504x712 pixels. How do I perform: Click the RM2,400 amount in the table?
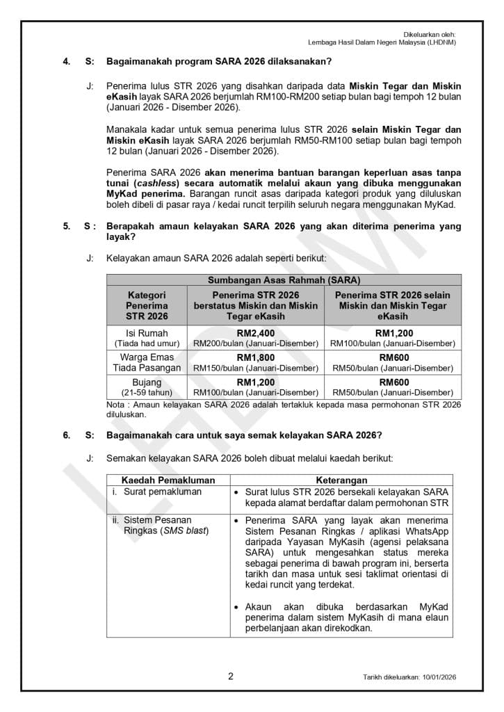256,333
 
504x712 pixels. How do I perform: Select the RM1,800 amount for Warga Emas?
256,357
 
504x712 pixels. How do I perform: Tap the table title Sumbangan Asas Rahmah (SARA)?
284,280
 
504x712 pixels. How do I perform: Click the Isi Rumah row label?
147,333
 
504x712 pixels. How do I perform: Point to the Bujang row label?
147,382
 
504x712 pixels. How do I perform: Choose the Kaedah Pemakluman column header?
168,480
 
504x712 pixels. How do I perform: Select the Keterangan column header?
342,480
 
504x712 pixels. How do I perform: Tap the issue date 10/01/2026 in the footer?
439,677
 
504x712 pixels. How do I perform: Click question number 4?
66,62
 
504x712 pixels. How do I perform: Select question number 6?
66,435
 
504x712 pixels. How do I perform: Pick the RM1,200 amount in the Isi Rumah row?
394,333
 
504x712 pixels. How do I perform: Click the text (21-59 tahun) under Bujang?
147,393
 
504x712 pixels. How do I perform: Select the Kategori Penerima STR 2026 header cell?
147,305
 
